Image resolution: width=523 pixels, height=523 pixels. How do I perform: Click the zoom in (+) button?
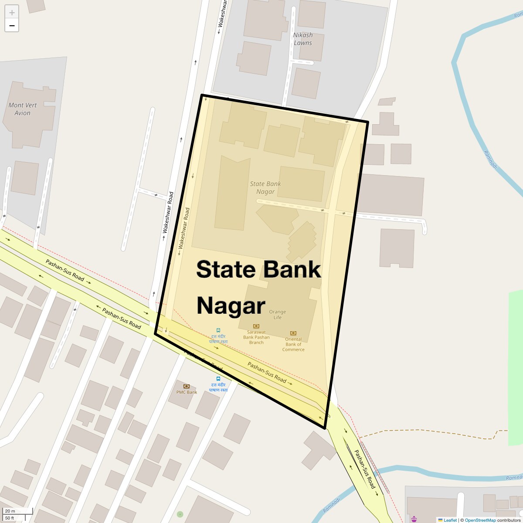click(12, 12)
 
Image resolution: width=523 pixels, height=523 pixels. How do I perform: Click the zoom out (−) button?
click(12, 25)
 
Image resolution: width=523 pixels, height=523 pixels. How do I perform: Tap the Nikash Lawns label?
click(302, 39)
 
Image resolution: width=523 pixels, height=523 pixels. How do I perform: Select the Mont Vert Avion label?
click(22, 109)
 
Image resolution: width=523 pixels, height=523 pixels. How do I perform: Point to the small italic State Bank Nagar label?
click(265, 187)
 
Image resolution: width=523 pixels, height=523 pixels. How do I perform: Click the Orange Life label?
click(278, 314)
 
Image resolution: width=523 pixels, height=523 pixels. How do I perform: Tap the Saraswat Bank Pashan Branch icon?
click(256, 326)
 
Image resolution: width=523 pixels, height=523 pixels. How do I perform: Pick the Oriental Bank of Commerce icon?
click(293, 333)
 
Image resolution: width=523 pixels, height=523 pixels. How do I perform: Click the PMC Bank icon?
click(187, 386)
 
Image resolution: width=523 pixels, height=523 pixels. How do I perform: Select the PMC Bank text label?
click(187, 392)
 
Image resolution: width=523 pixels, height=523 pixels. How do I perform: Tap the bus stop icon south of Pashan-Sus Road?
click(218, 378)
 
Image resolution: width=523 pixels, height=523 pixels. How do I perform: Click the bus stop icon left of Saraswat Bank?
click(218, 330)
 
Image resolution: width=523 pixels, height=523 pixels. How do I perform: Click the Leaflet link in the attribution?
click(450, 520)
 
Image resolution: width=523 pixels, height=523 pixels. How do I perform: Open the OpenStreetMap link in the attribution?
click(480, 520)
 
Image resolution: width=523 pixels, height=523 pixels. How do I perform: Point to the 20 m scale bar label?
click(10, 511)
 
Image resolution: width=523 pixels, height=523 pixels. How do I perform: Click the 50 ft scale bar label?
click(10, 518)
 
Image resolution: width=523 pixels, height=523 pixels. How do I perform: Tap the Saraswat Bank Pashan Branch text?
click(256, 337)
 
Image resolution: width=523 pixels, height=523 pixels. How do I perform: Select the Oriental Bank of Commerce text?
click(293, 344)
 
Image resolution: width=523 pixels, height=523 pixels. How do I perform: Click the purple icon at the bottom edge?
click(414, 519)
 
